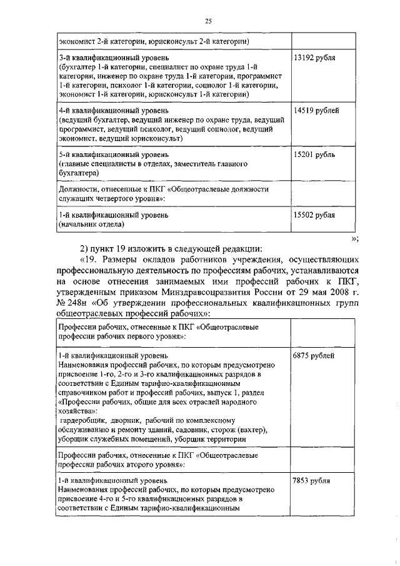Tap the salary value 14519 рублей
(x=316, y=111)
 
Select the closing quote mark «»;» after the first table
(x=354, y=238)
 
